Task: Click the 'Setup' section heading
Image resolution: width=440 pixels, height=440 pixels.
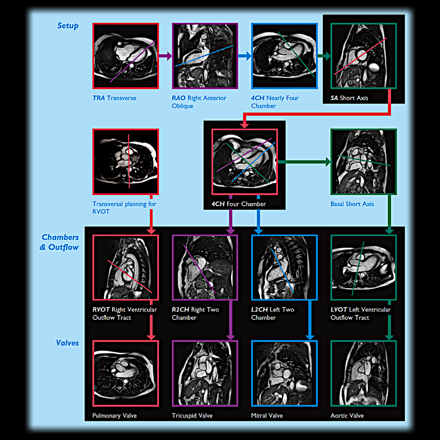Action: tap(68, 26)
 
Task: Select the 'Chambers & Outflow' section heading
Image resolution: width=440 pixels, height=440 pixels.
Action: tap(60, 242)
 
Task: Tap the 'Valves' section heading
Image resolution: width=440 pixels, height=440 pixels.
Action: tap(67, 343)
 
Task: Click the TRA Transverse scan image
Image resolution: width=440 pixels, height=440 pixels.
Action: tap(125, 56)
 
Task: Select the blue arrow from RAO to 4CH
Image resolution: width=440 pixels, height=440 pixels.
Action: tap(244, 56)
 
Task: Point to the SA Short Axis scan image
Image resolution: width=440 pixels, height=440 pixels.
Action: tap(364, 56)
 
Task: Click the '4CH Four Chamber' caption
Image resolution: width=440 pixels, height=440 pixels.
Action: tap(238, 204)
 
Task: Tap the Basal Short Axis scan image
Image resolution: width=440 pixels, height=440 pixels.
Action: tap(364, 162)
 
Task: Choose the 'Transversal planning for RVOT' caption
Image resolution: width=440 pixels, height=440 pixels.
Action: tap(124, 208)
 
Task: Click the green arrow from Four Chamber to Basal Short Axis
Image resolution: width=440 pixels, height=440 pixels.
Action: tap(304, 162)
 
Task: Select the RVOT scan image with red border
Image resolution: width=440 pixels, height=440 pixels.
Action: tap(125, 267)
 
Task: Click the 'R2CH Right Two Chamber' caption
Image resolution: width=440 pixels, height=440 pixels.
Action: tap(195, 313)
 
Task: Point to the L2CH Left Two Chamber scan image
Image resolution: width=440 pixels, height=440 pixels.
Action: tap(284, 267)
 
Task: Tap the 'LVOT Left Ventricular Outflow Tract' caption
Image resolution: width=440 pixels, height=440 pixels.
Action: tap(360, 313)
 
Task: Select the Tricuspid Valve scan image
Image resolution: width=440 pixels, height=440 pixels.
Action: tap(205, 373)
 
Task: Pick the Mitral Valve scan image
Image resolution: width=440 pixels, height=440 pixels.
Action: tap(284, 373)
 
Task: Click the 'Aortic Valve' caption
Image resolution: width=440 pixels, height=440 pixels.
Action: tap(347, 416)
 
